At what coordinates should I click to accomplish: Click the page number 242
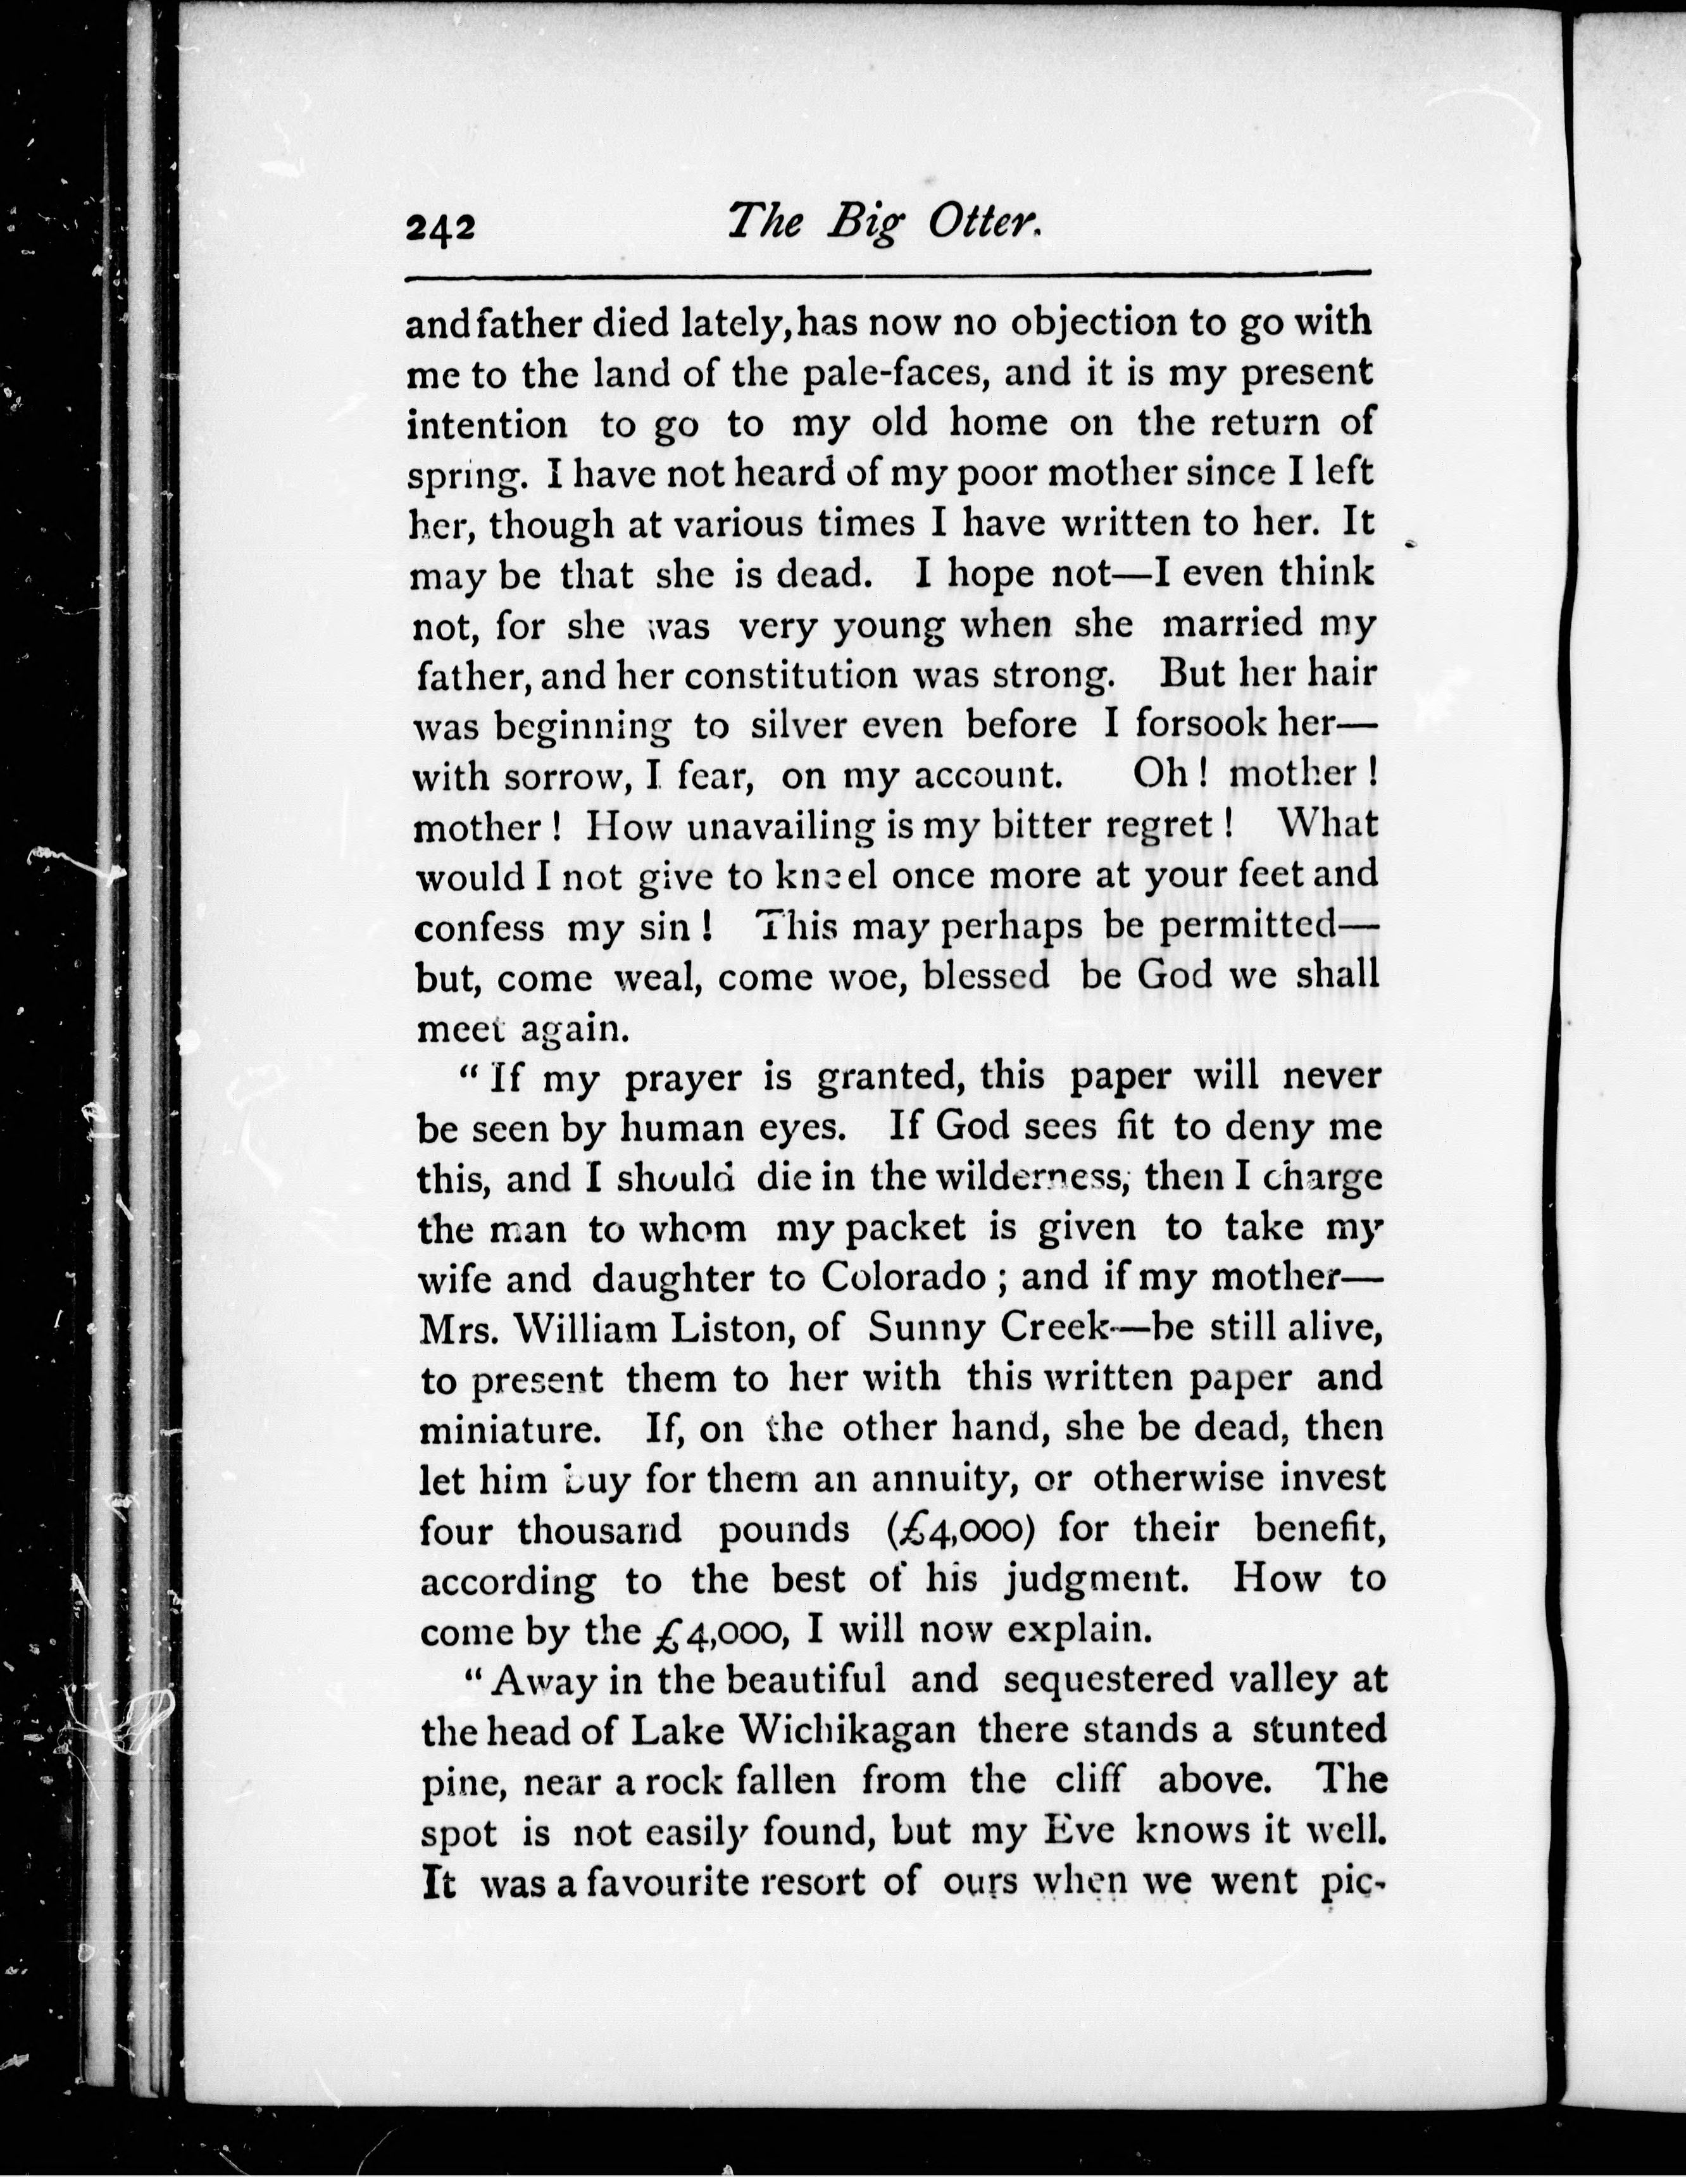coord(440,228)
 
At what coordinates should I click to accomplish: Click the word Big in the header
coord(865,223)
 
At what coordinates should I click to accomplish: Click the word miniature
coord(508,1430)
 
